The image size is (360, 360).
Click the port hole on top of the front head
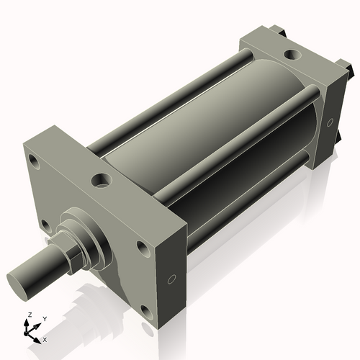[x=101, y=179]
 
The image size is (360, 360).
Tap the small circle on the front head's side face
[x=171, y=279]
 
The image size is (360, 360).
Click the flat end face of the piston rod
[x=20, y=279]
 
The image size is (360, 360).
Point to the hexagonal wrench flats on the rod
[x=68, y=253]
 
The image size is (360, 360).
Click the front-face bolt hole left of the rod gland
[x=45, y=226]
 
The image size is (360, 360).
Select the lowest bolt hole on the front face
[x=148, y=312]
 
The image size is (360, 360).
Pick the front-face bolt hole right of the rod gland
[x=142, y=248]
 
